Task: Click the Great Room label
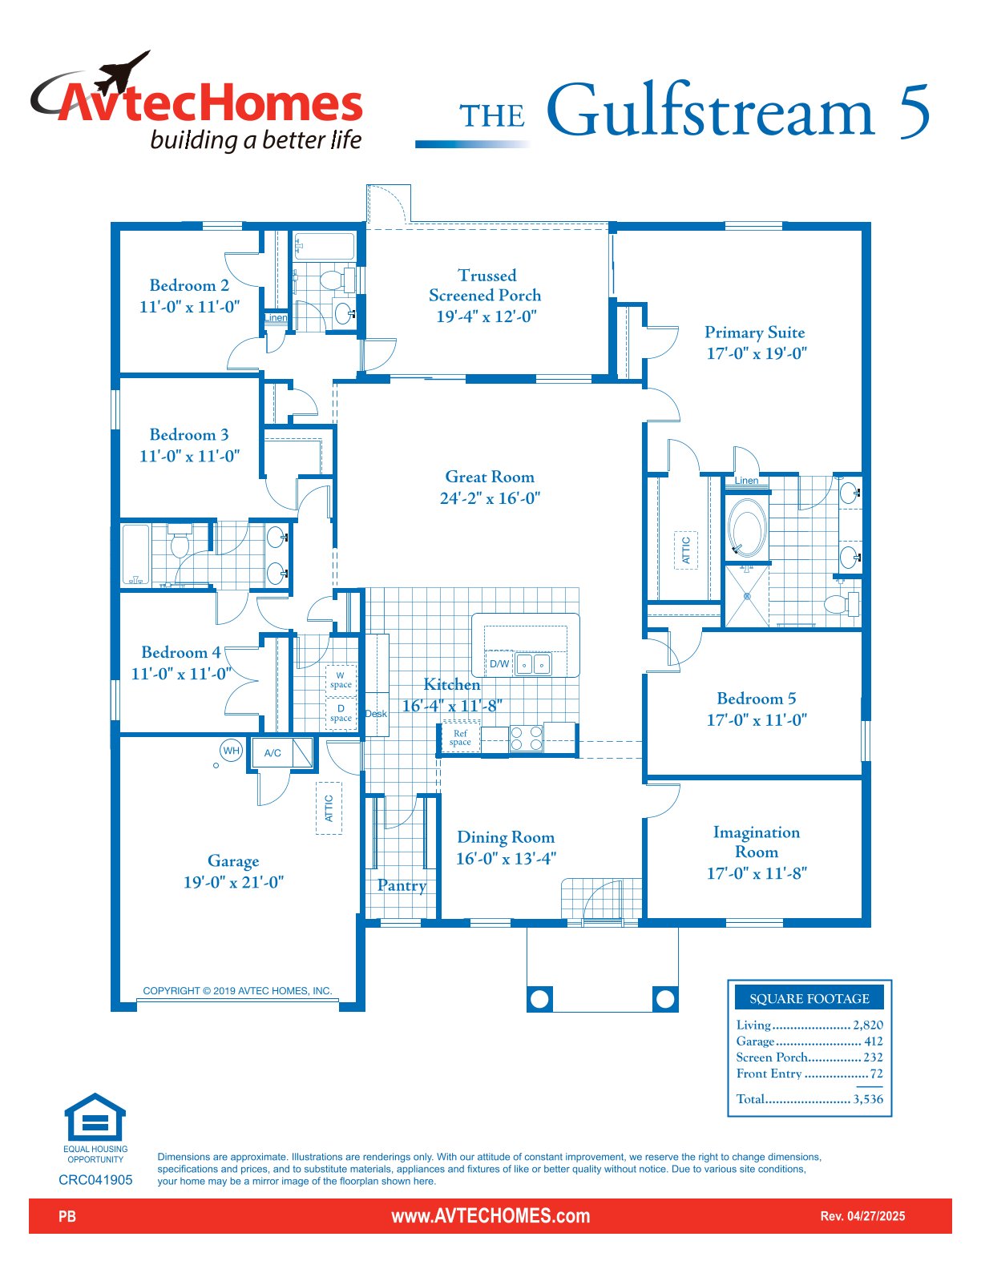tap(490, 477)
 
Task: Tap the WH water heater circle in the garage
tap(232, 751)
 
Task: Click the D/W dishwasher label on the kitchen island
tap(499, 664)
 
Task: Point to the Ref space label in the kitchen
tap(460, 738)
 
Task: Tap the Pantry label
tap(402, 886)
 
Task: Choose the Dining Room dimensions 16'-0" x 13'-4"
tap(506, 859)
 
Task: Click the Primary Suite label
tap(754, 332)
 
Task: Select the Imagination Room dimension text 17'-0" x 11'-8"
tap(757, 873)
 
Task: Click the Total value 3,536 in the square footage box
tap(868, 1099)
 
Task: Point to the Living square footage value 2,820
tap(868, 1025)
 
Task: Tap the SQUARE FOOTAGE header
tap(809, 998)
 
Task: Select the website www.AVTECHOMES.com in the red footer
tap(490, 1216)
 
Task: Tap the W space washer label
tap(341, 679)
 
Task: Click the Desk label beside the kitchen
tap(376, 714)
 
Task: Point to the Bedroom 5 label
tap(756, 699)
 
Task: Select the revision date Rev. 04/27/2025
tap(862, 1216)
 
